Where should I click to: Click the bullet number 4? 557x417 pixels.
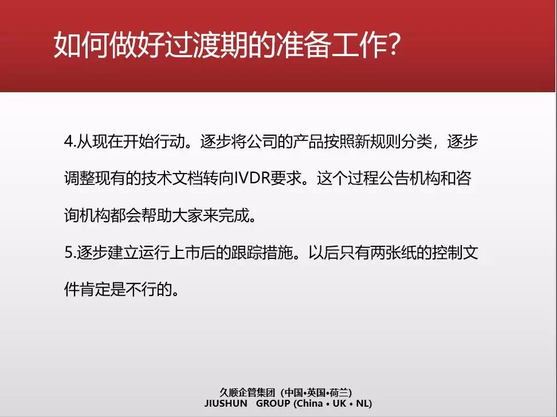pyautogui.click(x=68, y=141)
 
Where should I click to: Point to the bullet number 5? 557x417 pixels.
pyautogui.click(x=68, y=253)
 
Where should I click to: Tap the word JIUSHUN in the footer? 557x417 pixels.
pyautogui.click(x=226, y=403)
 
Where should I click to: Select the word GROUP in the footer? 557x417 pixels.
pyautogui.click(x=273, y=403)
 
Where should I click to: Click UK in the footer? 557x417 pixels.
pyautogui.click(x=339, y=403)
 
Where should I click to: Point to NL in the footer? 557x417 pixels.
pyautogui.click(x=362, y=403)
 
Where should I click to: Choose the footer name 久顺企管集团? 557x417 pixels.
pyautogui.click(x=247, y=392)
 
